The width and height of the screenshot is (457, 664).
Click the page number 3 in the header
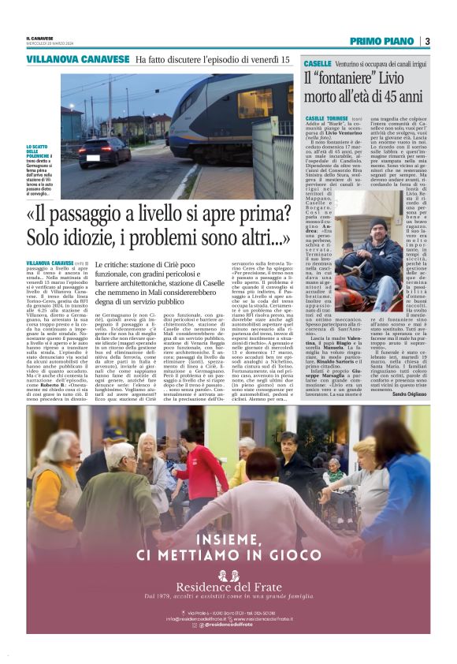426,41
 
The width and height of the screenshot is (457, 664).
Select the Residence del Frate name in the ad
228,588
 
